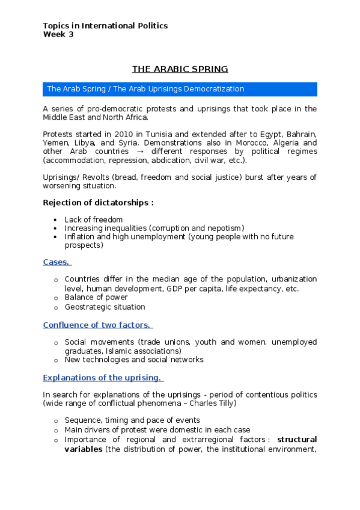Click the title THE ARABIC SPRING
[180, 69]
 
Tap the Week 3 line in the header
[58, 34]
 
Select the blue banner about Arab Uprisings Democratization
[180, 89]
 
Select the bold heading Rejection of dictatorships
[98, 203]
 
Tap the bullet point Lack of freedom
[94, 220]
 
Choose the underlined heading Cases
[57, 262]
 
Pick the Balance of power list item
[96, 297]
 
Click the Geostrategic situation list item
[105, 307]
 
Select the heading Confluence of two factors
[97, 325]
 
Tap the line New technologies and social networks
[134, 360]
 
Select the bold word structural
[297, 439]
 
